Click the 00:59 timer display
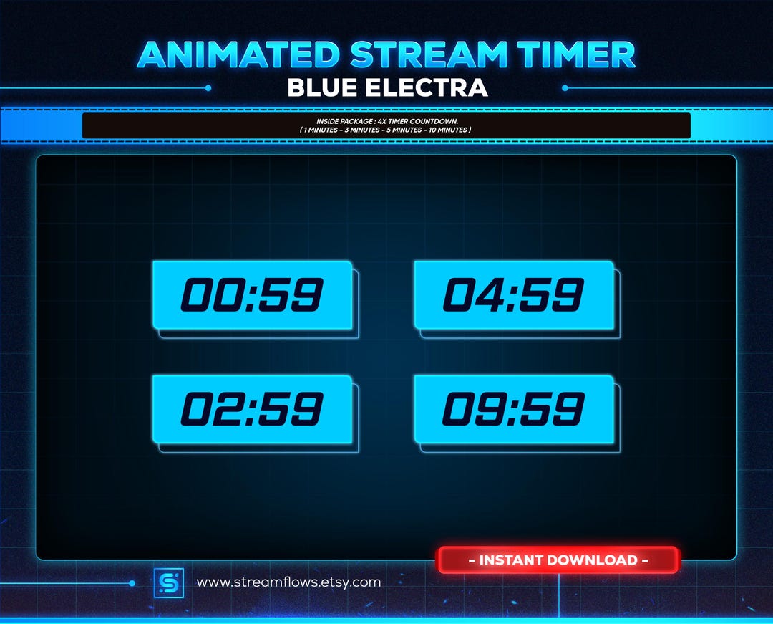(252, 294)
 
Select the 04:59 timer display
(514, 294)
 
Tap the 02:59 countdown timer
(252, 409)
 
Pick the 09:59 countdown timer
(514, 409)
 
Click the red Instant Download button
(558, 560)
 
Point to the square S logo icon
(169, 582)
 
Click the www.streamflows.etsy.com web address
(288, 582)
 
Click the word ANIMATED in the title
(238, 55)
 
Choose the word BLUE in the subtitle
(322, 88)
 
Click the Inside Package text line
(386, 121)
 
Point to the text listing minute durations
(386, 130)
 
